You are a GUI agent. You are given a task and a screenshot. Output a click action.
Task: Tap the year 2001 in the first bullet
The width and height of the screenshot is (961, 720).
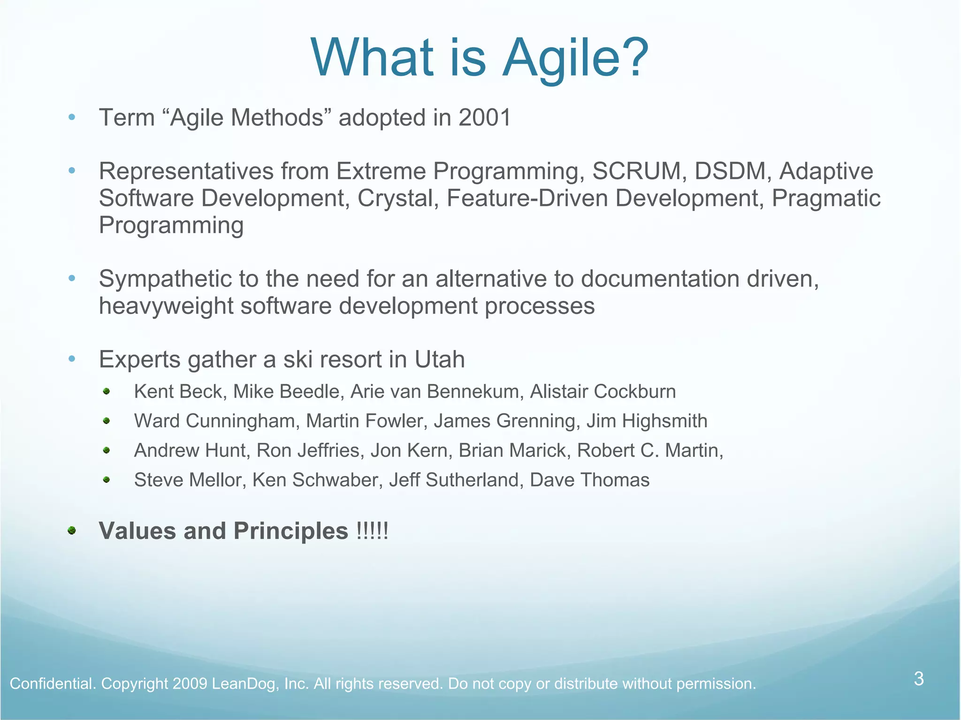pos(484,118)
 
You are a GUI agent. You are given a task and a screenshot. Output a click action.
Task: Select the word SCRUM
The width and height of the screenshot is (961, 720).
pos(636,171)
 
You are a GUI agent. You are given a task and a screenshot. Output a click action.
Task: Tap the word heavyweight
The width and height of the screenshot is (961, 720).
pos(166,306)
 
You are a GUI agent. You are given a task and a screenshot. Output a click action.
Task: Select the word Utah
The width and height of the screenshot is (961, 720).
pos(439,360)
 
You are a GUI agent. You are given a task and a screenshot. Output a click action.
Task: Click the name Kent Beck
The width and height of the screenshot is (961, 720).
pos(178,392)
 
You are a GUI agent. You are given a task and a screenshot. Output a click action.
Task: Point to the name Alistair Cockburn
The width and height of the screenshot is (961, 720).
pos(603,392)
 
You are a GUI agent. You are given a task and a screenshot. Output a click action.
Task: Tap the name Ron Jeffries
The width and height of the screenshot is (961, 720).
pos(308,451)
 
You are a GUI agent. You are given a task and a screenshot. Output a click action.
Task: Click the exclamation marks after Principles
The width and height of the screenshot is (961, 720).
pos(372,531)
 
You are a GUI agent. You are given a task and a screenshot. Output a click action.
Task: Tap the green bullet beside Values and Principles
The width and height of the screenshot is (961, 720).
pos(72,531)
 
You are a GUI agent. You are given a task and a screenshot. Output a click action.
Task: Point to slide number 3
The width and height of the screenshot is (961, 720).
pos(919,679)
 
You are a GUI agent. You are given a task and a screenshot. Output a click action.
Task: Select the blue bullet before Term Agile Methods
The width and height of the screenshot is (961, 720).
pos(72,117)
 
